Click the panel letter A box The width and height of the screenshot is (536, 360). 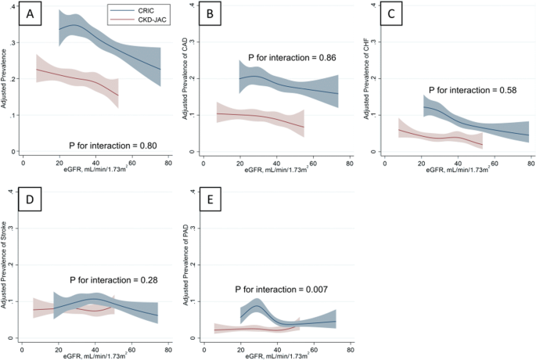tap(31, 16)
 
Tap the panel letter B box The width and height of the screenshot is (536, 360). tap(210, 16)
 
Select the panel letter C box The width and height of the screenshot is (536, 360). tap(394, 16)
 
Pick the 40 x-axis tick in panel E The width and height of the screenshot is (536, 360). tap(277, 347)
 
